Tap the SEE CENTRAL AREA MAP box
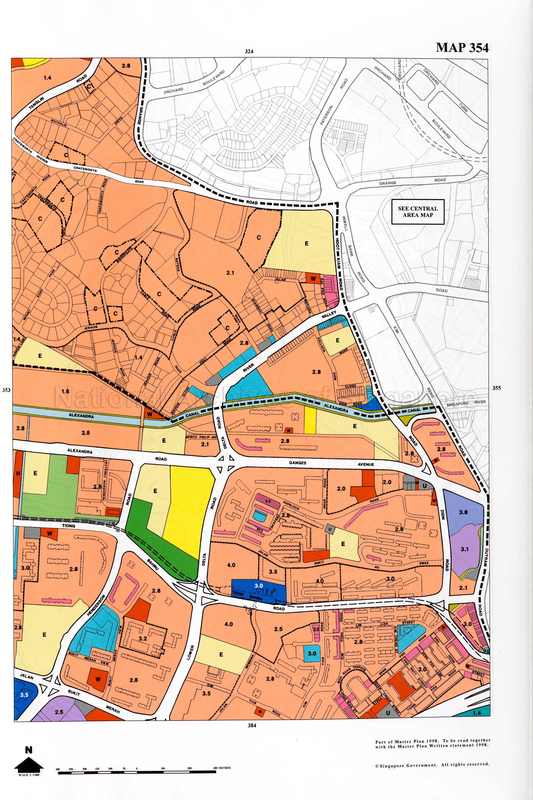418,212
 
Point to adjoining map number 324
249,52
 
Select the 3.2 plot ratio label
143,638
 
